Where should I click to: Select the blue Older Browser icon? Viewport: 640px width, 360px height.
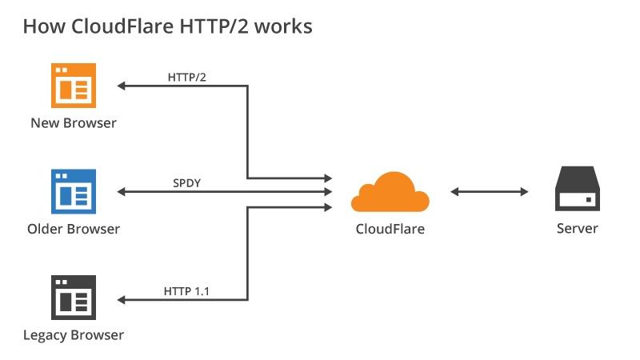(x=74, y=192)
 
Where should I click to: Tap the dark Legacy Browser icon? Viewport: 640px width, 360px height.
(x=74, y=298)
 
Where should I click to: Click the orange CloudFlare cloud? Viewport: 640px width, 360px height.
(x=390, y=192)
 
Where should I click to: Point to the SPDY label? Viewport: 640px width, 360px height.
(x=186, y=183)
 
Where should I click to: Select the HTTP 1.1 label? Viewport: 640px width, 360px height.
(x=186, y=291)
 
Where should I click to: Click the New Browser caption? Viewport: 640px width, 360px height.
(x=74, y=123)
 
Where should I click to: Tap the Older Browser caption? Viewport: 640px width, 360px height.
(x=74, y=230)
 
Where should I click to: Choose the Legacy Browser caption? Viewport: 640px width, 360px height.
(x=74, y=334)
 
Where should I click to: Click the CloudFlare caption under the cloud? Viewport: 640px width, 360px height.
(x=390, y=229)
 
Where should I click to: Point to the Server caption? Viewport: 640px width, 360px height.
(x=577, y=229)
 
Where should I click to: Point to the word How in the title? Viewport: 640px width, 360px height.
(x=41, y=26)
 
